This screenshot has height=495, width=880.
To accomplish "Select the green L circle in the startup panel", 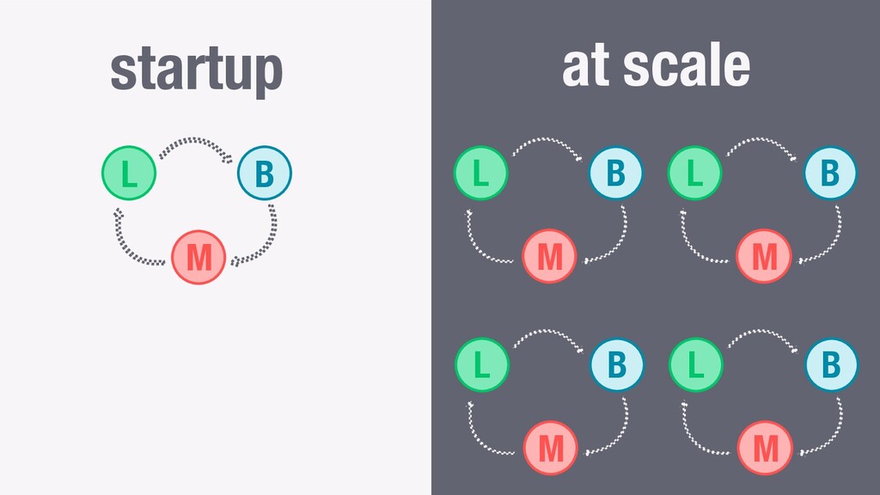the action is tap(129, 173).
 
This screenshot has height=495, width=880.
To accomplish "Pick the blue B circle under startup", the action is tap(265, 173).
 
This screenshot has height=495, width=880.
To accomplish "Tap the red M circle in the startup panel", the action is tap(199, 257).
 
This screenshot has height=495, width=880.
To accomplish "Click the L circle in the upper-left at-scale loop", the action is tap(481, 173).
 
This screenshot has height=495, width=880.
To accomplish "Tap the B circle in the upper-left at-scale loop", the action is tap(615, 173).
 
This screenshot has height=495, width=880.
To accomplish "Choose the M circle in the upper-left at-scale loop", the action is tap(549, 256).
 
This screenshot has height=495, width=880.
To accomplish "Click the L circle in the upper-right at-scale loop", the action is tap(694, 173).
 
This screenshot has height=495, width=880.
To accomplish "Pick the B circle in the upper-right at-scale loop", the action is tap(830, 173).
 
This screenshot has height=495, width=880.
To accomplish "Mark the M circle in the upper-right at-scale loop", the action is tap(764, 256).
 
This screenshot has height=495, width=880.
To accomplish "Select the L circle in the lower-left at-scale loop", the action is tap(482, 364).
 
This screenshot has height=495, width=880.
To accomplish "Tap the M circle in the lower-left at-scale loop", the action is tap(551, 448).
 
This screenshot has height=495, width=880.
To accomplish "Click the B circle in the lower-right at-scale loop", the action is tap(831, 364).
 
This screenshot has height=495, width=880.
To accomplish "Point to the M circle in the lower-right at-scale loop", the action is tap(765, 448).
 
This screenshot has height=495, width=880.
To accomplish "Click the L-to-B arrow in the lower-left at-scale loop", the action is tap(548, 332).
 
